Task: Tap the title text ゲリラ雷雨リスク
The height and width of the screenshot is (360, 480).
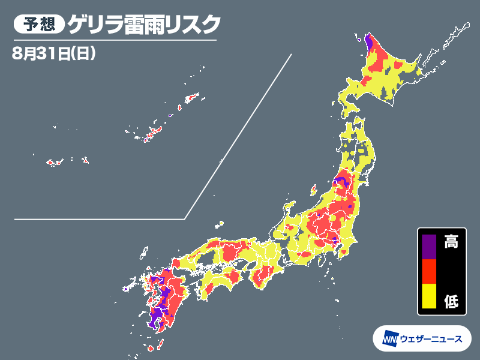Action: (x=144, y=25)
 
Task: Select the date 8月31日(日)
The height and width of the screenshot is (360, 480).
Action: (x=54, y=52)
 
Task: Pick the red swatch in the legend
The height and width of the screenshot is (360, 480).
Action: (x=428, y=271)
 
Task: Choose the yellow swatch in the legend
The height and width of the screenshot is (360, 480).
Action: (x=428, y=296)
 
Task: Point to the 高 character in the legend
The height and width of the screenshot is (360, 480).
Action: (x=451, y=242)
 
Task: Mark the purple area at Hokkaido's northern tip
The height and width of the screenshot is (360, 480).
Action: (x=368, y=42)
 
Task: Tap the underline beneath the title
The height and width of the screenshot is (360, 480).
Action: (x=114, y=41)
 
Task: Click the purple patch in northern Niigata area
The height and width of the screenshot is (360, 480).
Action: (x=342, y=179)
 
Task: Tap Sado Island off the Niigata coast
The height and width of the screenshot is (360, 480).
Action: (x=314, y=189)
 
